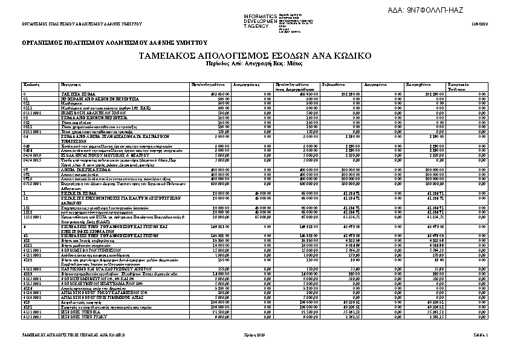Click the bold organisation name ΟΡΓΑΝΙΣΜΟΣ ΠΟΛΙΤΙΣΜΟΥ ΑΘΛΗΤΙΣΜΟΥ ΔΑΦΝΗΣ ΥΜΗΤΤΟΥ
(x=115, y=43)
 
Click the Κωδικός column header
(x=31, y=84)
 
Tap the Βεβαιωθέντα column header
(x=334, y=84)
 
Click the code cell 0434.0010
(x=33, y=154)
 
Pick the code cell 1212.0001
(x=33, y=216)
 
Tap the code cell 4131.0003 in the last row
(x=33, y=316)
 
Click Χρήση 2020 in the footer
(x=254, y=334)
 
